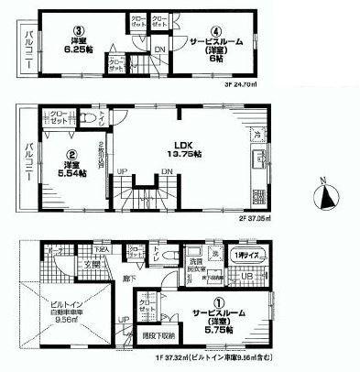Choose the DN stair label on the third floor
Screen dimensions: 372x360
pos(160,49)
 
